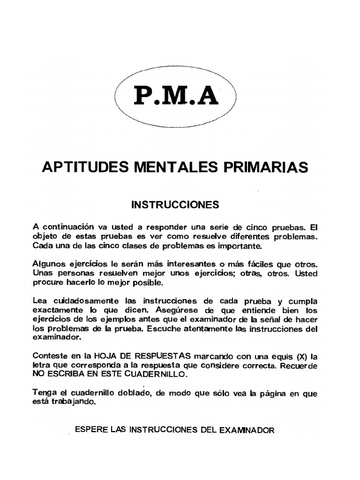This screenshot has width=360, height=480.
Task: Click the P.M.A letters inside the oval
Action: (176, 96)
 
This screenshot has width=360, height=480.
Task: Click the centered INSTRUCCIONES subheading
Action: (175, 205)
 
